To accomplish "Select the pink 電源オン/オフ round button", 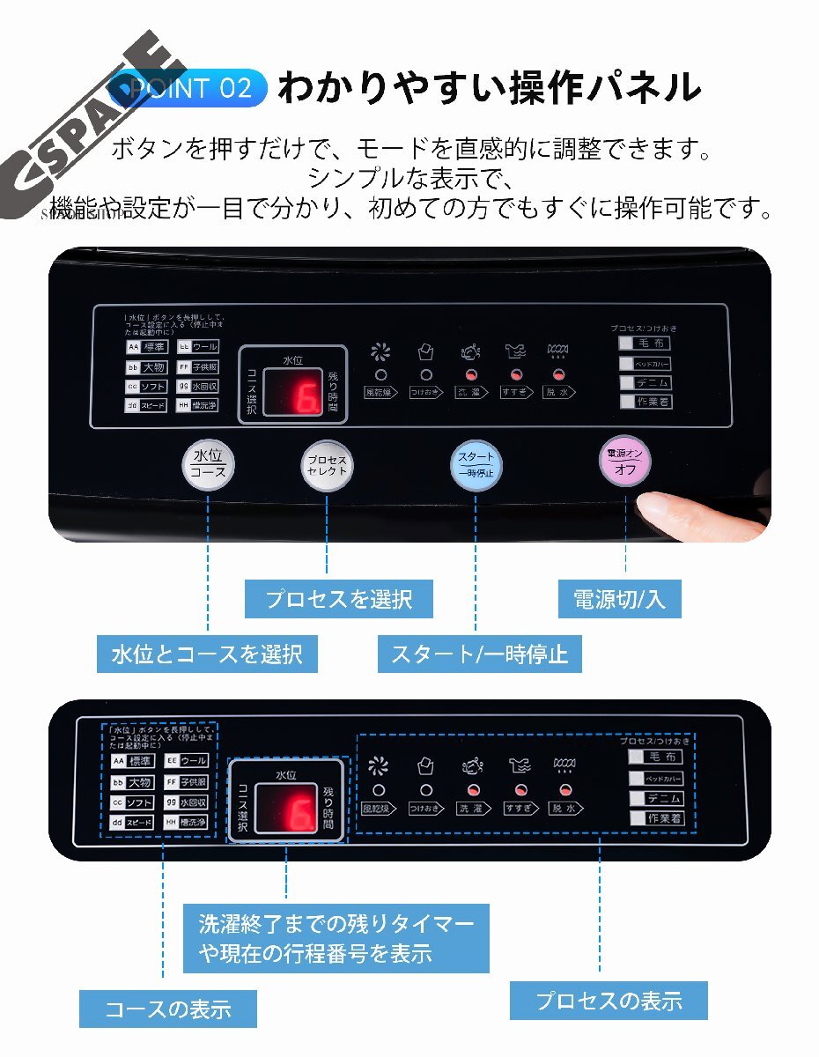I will click(626, 462).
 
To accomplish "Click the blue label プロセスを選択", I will click(339, 599).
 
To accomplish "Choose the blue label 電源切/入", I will click(620, 599).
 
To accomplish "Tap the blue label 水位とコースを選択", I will click(207, 654).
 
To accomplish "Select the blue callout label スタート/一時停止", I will click(480, 654).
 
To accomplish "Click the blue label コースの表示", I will click(168, 1009).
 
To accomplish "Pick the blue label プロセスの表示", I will click(609, 1001).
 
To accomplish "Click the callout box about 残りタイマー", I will click(336, 938).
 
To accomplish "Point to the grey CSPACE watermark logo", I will click(88, 132).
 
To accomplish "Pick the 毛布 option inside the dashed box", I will click(656, 757).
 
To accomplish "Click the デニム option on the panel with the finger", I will click(646, 383).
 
